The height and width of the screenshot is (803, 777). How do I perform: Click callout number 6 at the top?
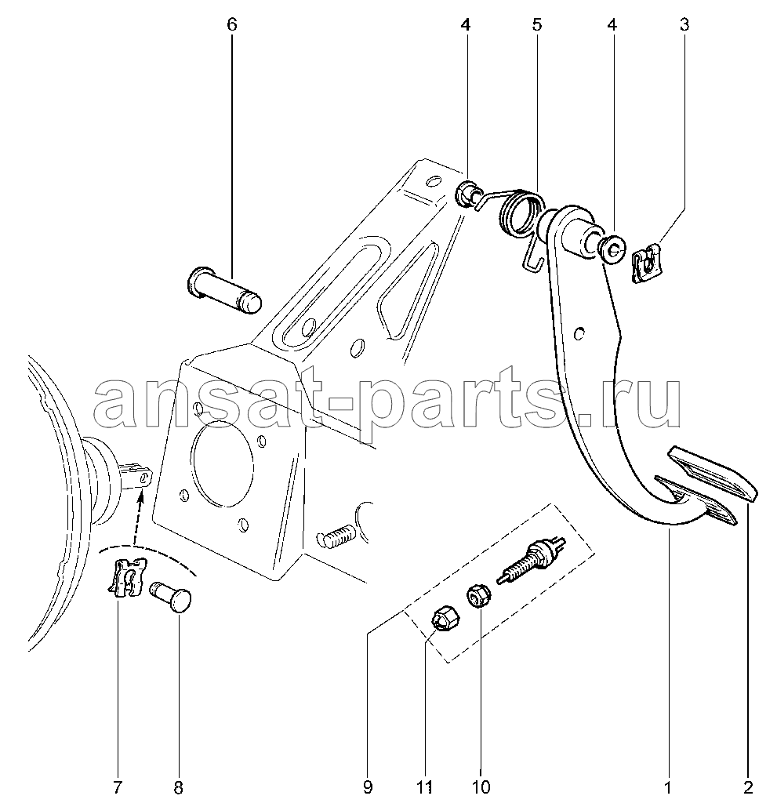(232, 24)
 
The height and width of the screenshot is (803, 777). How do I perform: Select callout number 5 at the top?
(537, 24)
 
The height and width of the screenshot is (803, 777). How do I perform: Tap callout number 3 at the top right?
(684, 24)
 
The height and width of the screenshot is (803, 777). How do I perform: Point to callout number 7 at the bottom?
(118, 787)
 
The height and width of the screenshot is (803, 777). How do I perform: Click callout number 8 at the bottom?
(178, 787)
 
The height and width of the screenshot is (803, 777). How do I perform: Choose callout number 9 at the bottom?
(367, 787)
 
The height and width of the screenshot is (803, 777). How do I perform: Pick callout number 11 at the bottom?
(426, 787)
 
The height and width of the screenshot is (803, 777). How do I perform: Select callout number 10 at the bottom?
(481, 787)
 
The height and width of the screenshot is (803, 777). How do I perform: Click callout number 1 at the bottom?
(667, 787)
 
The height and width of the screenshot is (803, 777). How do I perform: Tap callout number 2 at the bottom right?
(748, 787)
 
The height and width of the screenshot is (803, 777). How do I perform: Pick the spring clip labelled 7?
(127, 578)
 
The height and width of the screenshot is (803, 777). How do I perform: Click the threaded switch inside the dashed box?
(531, 559)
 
